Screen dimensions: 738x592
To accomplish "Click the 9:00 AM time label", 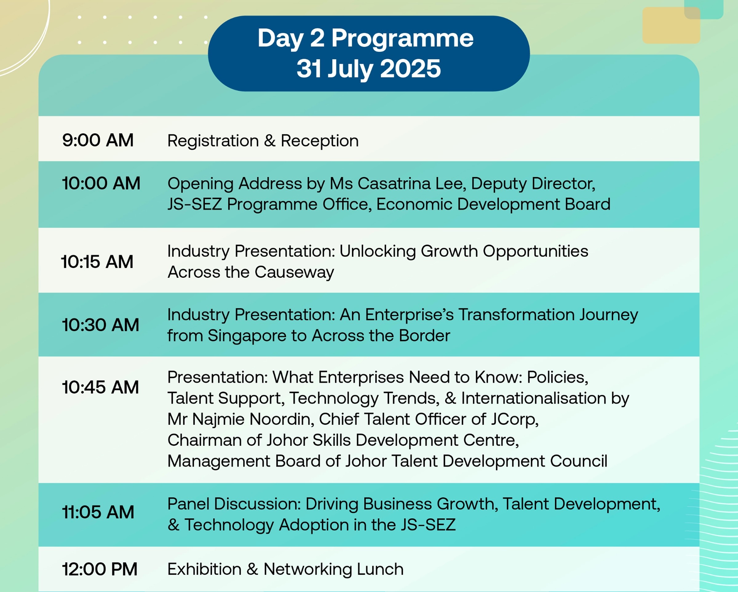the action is (x=98, y=140).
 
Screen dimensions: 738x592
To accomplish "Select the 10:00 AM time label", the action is (x=101, y=183).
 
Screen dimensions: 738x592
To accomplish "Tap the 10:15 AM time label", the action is (x=97, y=262).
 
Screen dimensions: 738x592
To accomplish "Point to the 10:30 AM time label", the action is (x=101, y=325).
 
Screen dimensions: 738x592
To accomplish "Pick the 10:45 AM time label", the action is (x=101, y=387).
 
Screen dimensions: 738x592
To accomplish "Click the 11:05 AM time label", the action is (x=98, y=512).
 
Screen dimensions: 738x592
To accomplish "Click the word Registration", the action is (x=213, y=141).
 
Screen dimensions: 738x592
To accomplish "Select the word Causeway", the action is (x=294, y=272).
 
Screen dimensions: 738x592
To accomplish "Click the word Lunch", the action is (x=380, y=570).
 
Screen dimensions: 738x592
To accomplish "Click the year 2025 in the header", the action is (x=410, y=69).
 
